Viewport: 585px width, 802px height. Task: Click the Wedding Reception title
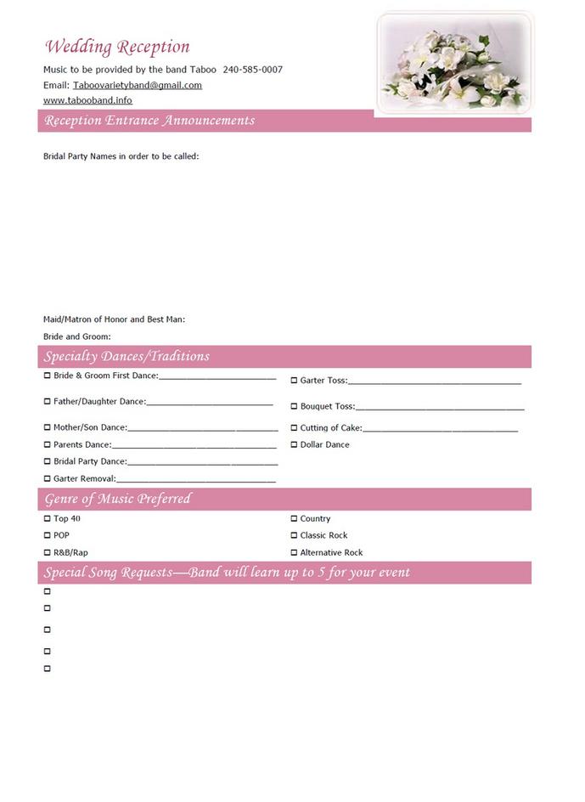point(117,47)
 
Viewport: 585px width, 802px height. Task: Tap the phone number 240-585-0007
point(252,70)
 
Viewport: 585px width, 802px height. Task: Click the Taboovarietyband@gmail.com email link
point(138,85)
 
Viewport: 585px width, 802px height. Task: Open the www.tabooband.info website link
point(87,100)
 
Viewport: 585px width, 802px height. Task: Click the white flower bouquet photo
point(454,63)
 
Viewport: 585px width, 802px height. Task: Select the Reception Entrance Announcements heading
point(149,121)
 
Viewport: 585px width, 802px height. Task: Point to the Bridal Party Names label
point(121,156)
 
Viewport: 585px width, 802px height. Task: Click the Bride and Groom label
point(77,336)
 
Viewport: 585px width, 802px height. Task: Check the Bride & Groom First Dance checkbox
point(48,376)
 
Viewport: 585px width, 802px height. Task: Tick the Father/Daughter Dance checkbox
point(48,401)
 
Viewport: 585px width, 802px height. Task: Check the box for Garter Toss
point(294,381)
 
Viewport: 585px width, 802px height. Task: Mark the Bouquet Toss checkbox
point(294,406)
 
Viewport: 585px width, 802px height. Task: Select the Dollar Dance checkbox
point(294,444)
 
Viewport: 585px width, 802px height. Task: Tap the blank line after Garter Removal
point(196,481)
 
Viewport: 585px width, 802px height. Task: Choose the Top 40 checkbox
point(48,518)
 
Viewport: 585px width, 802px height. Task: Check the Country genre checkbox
point(294,518)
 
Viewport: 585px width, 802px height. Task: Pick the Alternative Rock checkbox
point(294,552)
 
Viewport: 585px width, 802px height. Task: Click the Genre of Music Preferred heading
point(118,499)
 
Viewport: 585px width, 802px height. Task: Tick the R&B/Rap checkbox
point(48,552)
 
